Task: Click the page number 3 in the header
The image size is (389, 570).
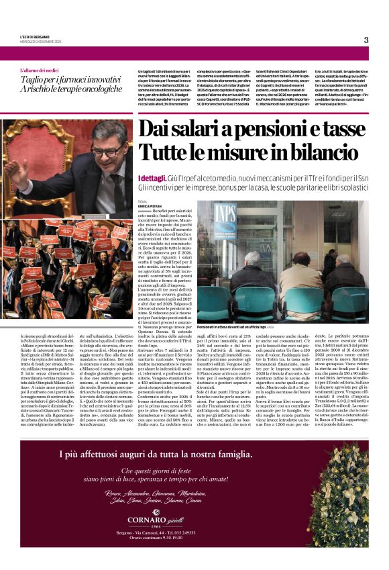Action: [366, 40]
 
